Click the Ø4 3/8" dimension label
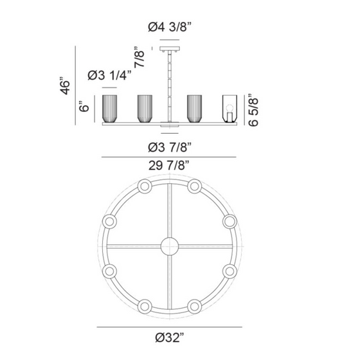[170, 27]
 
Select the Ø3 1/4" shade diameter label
[110, 75]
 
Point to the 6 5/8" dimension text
[253, 110]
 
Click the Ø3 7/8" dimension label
[170, 147]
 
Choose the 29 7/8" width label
[169, 165]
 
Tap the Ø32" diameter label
[170, 337]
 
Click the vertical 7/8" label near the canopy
[139, 57]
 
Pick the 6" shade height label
[84, 106]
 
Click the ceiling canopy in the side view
[170, 49]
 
